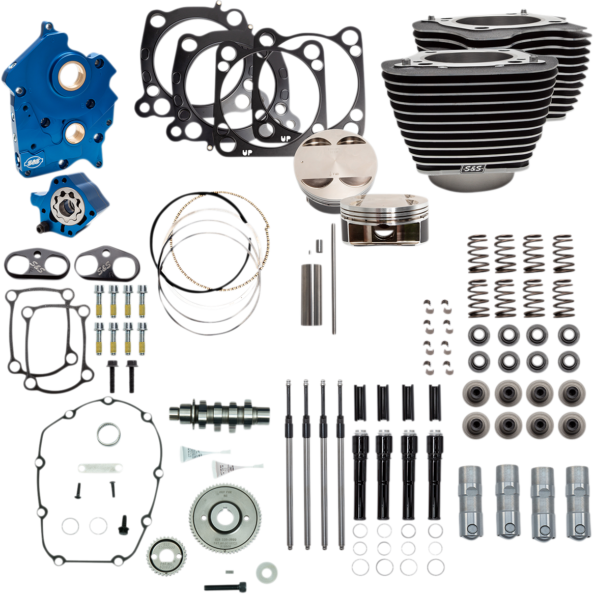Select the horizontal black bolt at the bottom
pyautogui.click(x=224, y=586)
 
